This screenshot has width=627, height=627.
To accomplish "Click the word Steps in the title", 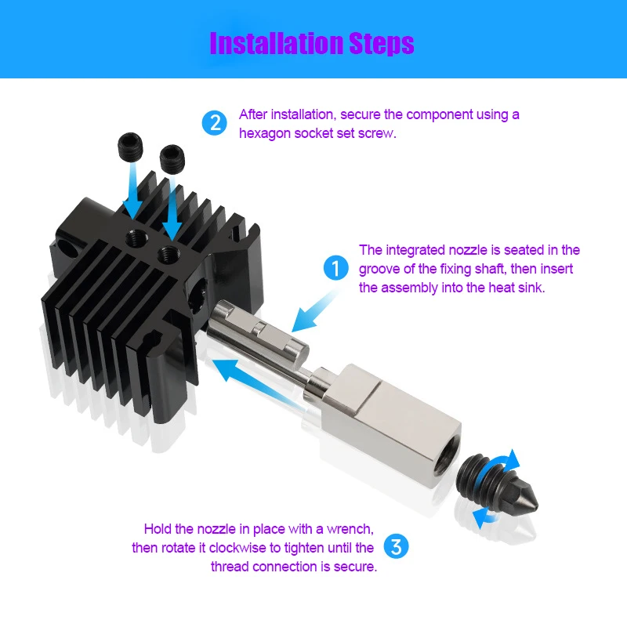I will pos(381,43).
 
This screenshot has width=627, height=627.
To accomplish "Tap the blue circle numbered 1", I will pos(335,268).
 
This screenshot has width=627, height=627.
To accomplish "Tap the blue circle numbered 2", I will pos(214,123).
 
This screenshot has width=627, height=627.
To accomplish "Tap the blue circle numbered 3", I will pos(396,546).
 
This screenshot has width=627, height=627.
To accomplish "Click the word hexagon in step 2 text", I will pos(264,134).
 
